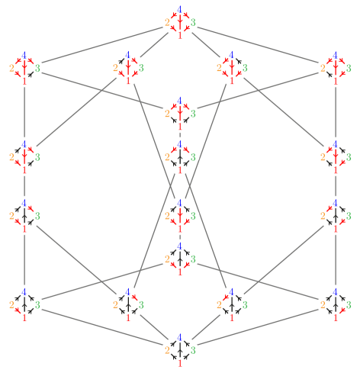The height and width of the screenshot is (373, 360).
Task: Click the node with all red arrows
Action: tap(179, 21)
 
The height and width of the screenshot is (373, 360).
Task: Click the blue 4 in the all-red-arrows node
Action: tap(179, 8)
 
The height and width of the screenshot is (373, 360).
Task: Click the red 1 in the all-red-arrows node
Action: tap(179, 34)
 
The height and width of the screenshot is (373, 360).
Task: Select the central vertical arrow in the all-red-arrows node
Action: tap(179, 22)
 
